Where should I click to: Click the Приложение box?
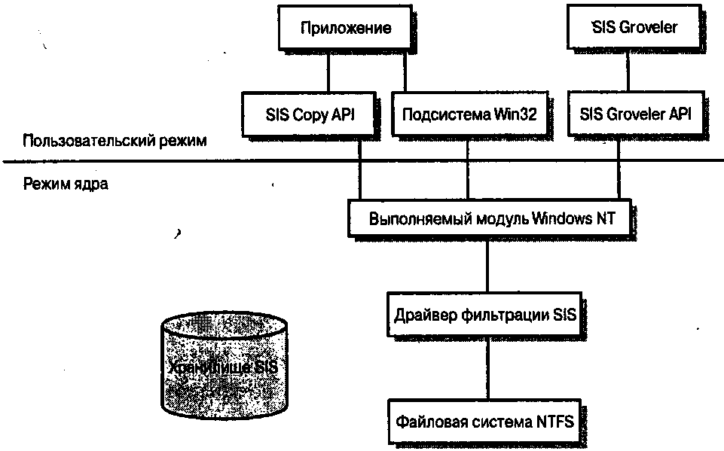[345, 29]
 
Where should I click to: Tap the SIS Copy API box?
[309, 114]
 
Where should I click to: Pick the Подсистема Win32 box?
[468, 114]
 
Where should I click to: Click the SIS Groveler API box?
[635, 114]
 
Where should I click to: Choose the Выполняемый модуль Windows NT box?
[492, 219]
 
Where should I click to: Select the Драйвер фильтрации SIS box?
[484, 315]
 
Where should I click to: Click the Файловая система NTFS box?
[484, 422]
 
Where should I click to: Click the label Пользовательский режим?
[114, 142]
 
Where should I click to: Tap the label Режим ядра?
[65, 184]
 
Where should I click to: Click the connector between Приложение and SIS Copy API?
[327, 72]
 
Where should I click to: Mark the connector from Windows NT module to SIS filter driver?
[486, 267]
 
